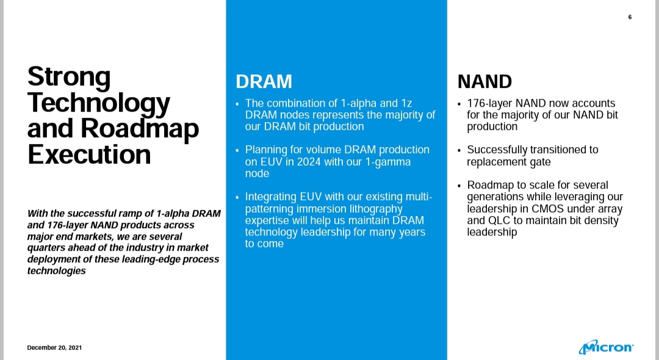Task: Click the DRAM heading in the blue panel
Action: (x=264, y=82)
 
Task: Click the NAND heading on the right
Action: (x=484, y=82)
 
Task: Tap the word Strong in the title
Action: (x=69, y=77)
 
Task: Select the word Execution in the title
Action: (x=89, y=154)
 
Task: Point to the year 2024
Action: (x=309, y=162)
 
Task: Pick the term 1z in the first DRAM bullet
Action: (x=406, y=103)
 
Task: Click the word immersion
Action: (x=320, y=209)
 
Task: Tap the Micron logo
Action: (x=606, y=347)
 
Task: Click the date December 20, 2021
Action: (x=55, y=347)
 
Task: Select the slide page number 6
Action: (x=630, y=17)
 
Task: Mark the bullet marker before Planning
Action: (x=237, y=150)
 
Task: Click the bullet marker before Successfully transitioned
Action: (x=459, y=150)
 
